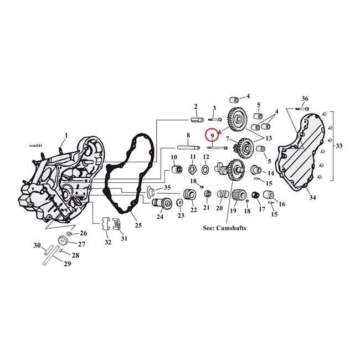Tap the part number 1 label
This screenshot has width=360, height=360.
(x=66, y=135)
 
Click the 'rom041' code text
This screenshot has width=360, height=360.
(x=35, y=146)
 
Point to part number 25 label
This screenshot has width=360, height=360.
(x=138, y=225)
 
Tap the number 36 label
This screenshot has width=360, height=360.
(x=305, y=99)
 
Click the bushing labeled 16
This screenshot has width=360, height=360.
(x=270, y=195)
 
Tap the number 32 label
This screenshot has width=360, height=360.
(x=107, y=242)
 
